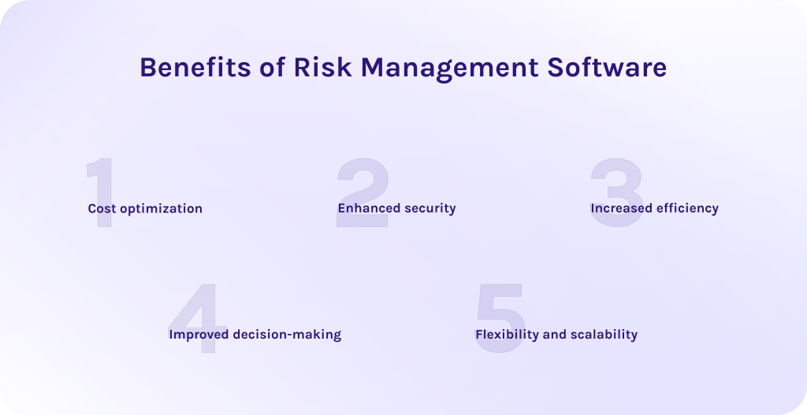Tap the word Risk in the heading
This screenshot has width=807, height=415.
click(x=324, y=68)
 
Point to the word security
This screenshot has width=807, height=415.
click(x=430, y=209)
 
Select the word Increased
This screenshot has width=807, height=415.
click(x=620, y=209)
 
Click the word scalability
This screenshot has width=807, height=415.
click(x=604, y=335)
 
